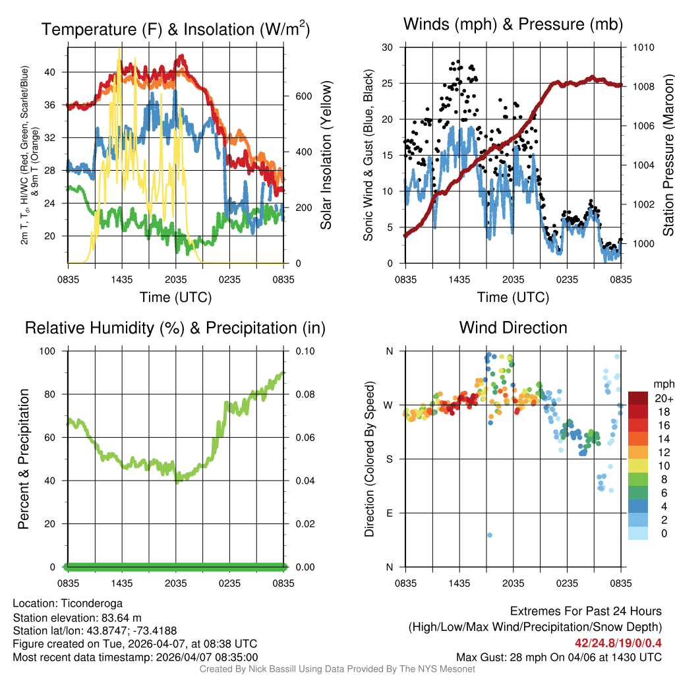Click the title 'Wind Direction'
(x=513, y=328)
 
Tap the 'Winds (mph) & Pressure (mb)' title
(x=513, y=25)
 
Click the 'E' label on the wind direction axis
(x=388, y=513)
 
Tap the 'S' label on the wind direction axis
(x=388, y=459)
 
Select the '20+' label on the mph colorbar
(x=663, y=399)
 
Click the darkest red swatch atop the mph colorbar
(x=637, y=398)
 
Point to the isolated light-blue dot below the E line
(x=489, y=535)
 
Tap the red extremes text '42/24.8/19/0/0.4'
(x=618, y=643)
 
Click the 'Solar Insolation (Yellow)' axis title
(x=326, y=155)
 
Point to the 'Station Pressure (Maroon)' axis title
(x=668, y=155)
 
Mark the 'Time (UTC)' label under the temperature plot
(x=175, y=297)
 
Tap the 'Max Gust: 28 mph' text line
(x=559, y=657)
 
